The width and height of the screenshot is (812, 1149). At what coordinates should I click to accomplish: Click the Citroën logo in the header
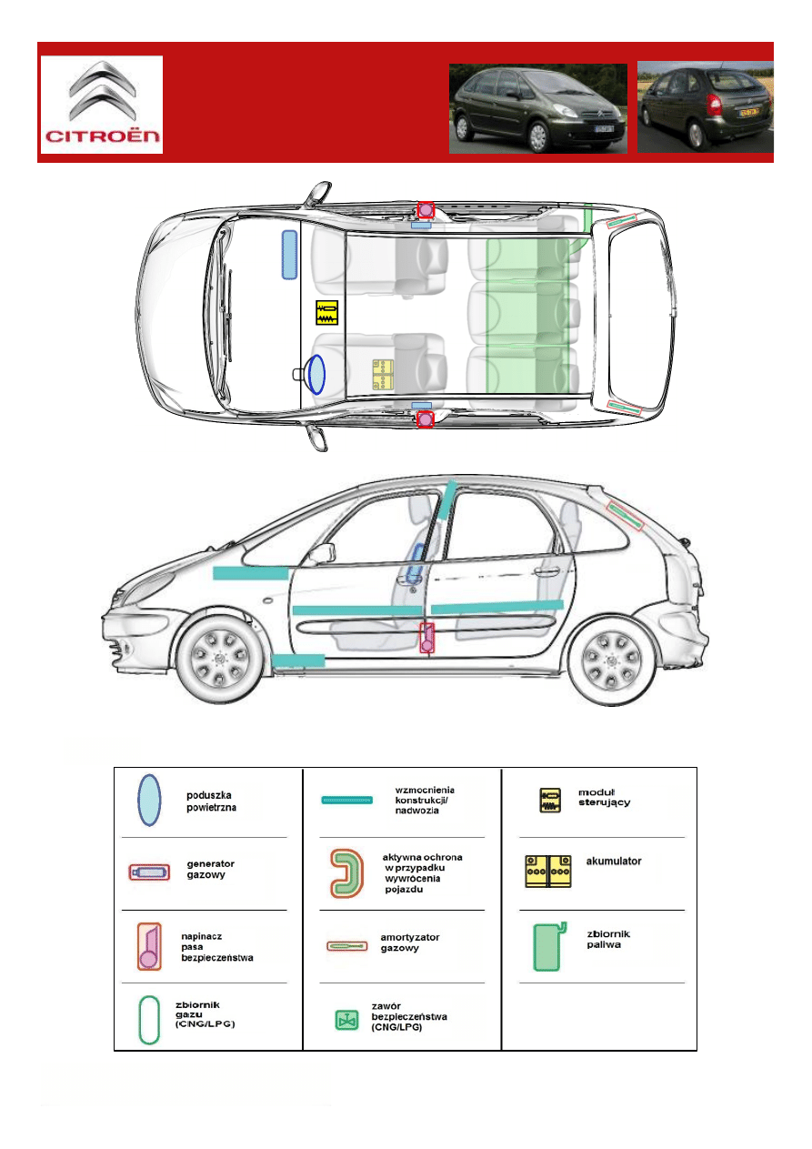[x=101, y=104]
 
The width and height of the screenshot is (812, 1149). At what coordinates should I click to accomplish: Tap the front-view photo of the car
[x=538, y=108]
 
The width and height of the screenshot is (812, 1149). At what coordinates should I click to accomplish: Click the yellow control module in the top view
[x=327, y=313]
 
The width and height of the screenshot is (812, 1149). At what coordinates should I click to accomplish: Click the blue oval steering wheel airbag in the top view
[x=316, y=374]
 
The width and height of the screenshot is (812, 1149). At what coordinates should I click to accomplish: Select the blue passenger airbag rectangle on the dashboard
[x=289, y=255]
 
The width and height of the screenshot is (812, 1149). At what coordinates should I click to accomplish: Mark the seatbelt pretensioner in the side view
[x=426, y=638]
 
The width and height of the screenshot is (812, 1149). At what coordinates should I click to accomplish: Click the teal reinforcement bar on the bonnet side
[x=249, y=573]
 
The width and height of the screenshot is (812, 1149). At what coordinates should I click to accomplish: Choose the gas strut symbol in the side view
[x=624, y=517]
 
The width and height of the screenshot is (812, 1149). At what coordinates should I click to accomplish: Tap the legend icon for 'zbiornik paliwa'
[x=547, y=946]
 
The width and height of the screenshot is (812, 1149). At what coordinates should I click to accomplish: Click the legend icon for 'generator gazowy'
[x=148, y=872]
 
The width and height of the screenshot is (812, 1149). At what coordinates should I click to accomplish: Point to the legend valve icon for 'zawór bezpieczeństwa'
[x=346, y=1019]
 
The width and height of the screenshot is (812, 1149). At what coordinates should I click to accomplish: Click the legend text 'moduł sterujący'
[x=605, y=797]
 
